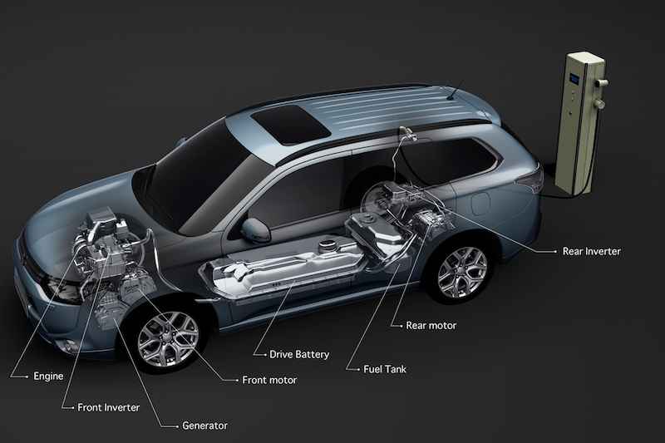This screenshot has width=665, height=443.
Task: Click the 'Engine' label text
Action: (x=48, y=376)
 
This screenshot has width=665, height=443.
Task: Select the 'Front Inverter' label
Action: (x=109, y=407)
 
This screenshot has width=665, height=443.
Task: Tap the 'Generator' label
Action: (x=204, y=426)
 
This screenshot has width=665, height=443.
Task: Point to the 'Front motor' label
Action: (x=269, y=380)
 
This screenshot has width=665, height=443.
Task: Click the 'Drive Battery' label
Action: (x=299, y=354)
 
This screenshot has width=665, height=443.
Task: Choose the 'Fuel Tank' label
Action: (x=385, y=369)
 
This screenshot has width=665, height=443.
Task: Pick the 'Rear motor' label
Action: (x=431, y=326)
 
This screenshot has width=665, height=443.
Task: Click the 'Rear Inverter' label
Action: (x=592, y=251)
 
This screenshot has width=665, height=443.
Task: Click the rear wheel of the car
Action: (x=463, y=273)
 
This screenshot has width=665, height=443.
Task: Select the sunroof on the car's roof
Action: (x=290, y=124)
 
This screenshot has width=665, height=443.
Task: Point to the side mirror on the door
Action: (x=256, y=230)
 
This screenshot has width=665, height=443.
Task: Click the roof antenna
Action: (x=455, y=90)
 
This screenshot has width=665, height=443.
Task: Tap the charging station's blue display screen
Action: (x=574, y=78)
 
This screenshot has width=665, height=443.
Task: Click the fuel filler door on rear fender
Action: (x=480, y=204)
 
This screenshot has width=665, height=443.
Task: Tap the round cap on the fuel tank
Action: (x=327, y=245)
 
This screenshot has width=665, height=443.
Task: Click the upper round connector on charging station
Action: (x=601, y=82)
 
